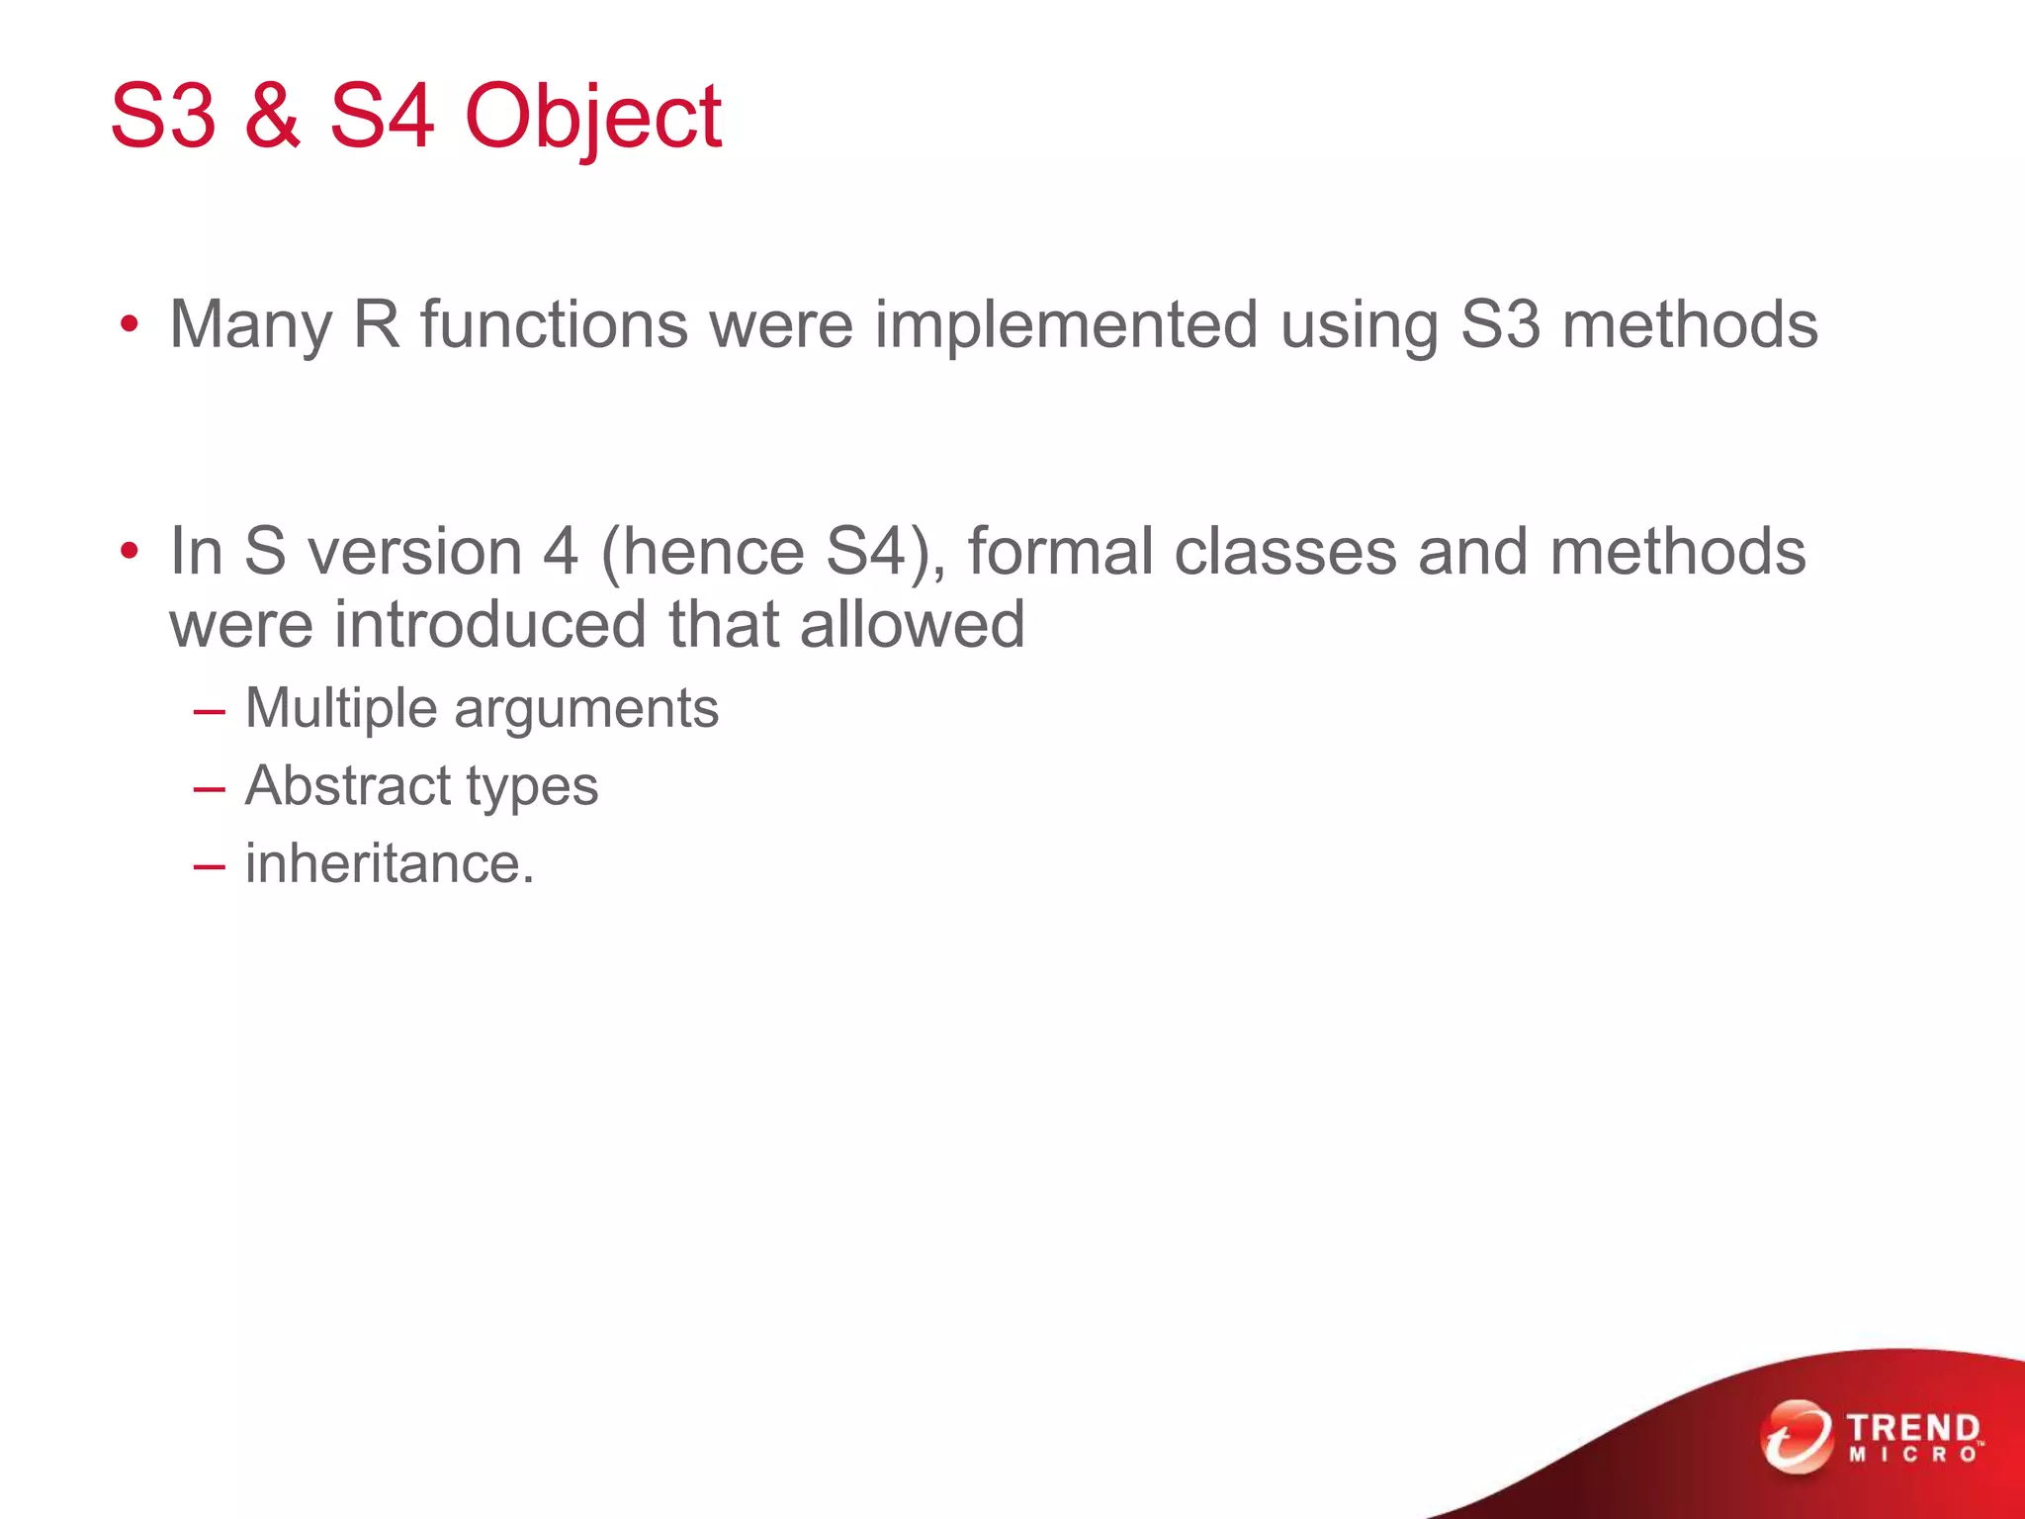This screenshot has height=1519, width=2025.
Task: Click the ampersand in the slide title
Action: [x=272, y=117]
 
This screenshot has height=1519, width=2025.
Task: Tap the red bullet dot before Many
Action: [x=129, y=325]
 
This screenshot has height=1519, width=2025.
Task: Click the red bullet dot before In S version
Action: [x=129, y=552]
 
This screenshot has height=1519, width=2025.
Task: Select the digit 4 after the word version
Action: [x=561, y=552]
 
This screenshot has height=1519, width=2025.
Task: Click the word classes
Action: [x=1285, y=552]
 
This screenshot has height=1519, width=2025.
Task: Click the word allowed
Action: [x=912, y=625]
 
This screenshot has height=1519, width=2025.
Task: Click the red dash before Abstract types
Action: [x=210, y=789]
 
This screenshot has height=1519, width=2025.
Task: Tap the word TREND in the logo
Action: [x=1913, y=1428]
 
